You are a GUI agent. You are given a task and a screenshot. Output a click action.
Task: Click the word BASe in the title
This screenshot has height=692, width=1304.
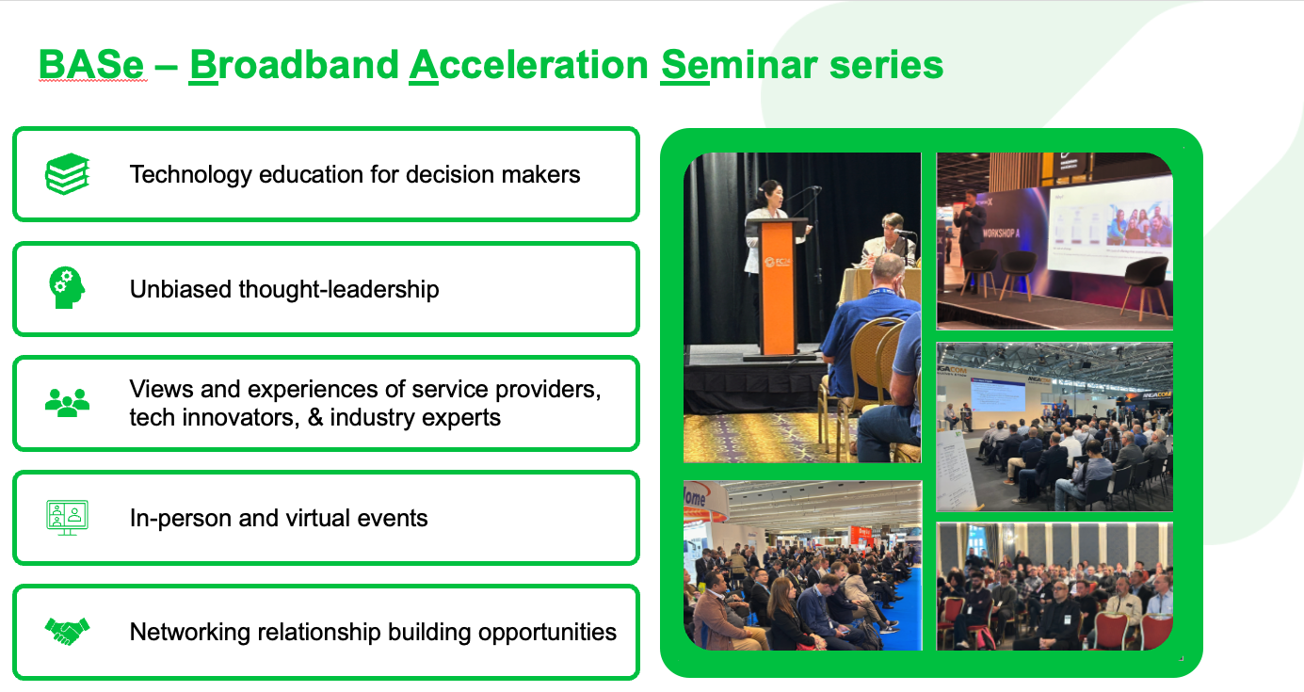(90, 64)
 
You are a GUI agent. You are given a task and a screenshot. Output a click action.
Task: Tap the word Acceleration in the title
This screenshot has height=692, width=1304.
(528, 64)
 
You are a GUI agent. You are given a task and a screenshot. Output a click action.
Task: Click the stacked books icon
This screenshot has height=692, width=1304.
(68, 174)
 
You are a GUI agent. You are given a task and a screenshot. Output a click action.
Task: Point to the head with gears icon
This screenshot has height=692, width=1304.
(67, 287)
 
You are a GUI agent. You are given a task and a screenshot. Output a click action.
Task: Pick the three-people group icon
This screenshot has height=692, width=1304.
(68, 402)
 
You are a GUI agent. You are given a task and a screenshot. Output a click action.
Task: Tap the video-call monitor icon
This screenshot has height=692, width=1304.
(67, 518)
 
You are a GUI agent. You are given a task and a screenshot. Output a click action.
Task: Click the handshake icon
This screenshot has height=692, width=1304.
(68, 632)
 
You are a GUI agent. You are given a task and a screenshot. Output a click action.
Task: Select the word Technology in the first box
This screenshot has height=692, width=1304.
(190, 174)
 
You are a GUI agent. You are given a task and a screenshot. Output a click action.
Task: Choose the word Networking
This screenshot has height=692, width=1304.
(189, 633)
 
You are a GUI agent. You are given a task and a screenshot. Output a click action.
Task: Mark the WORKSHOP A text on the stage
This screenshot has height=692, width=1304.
(1001, 233)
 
